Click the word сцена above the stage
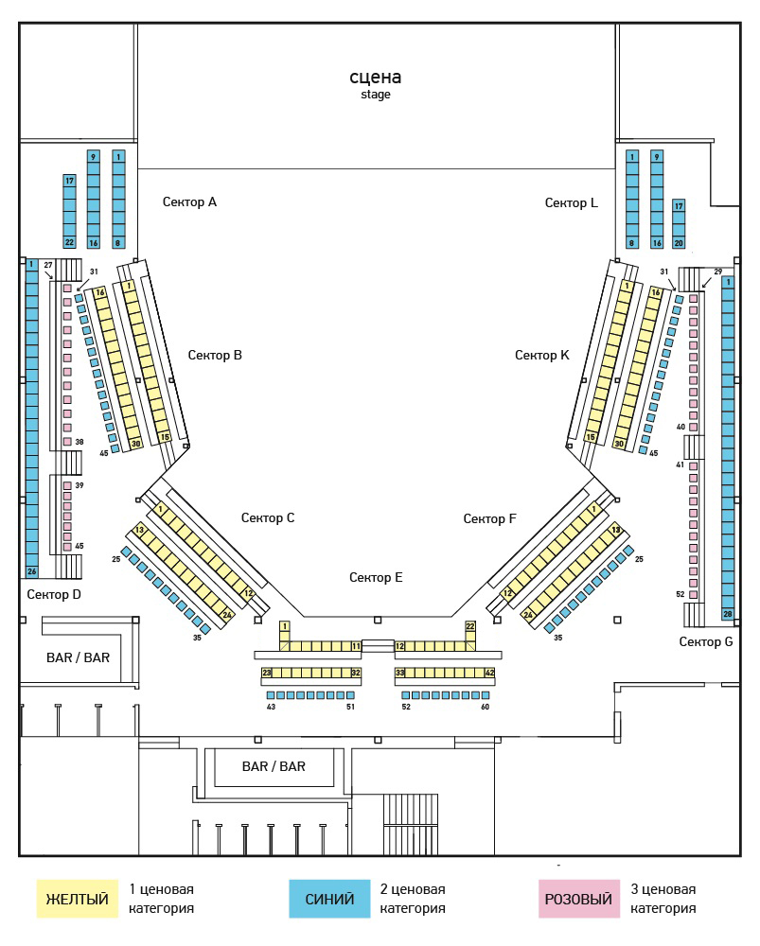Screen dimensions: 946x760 [376, 77]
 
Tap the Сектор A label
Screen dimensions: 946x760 [189, 201]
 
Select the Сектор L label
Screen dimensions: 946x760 [571, 202]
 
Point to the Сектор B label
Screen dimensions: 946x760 [215, 355]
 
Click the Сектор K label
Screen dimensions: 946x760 [542, 355]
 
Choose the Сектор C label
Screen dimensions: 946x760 [268, 517]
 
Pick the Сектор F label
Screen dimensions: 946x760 [489, 518]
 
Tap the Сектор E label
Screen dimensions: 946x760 [376, 577]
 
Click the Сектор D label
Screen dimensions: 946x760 [54, 594]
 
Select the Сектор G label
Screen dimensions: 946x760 [706, 641]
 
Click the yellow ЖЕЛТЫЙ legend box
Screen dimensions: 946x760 [78, 899]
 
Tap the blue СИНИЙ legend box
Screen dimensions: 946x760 [330, 899]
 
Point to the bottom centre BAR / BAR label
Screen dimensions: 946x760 [274, 766]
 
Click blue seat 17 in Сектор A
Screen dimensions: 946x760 [69, 180]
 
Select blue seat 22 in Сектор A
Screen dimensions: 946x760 [69, 242]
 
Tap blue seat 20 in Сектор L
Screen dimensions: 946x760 [679, 242]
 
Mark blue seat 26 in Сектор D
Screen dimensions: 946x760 [31, 571]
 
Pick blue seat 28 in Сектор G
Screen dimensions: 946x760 [727, 614]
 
